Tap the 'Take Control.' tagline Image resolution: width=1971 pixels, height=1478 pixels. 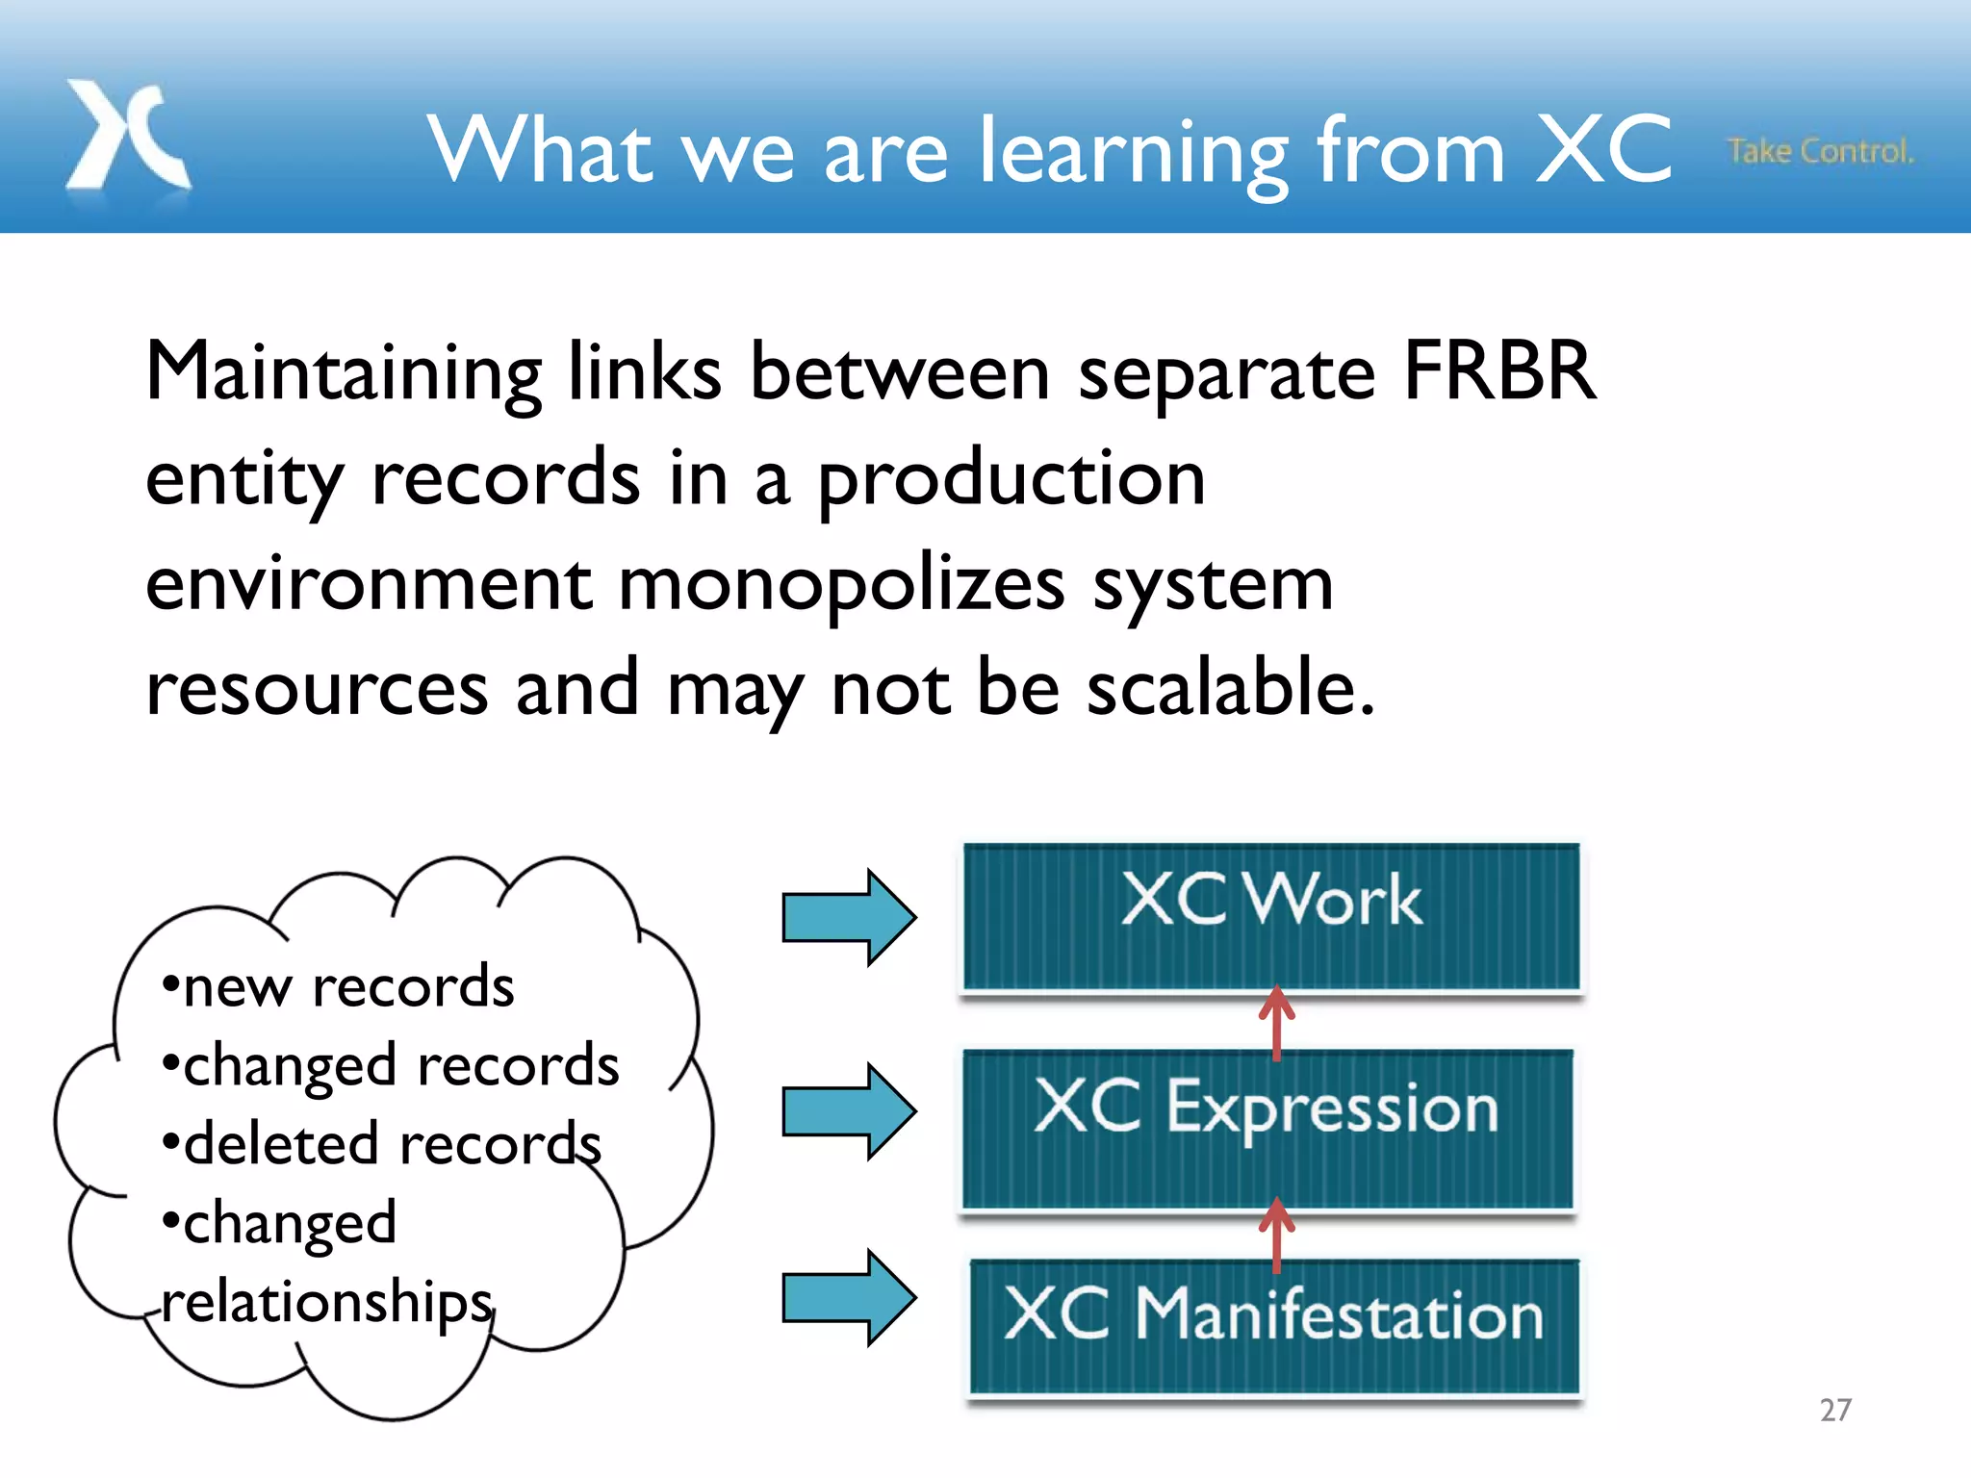click(1819, 151)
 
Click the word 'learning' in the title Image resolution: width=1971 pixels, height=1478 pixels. click(1132, 152)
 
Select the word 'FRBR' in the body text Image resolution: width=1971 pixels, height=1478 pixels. click(1499, 371)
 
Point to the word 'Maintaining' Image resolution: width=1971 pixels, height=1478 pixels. click(344, 373)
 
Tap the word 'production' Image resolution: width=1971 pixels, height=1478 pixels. click(1011, 479)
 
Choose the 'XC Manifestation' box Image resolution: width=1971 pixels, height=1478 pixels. click(1274, 1326)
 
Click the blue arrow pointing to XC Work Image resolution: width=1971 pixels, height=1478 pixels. click(848, 917)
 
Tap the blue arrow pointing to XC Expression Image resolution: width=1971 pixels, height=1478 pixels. click(848, 1111)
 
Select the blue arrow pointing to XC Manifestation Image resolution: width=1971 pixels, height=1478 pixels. click(848, 1297)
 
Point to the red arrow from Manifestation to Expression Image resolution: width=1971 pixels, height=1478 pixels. click(1276, 1235)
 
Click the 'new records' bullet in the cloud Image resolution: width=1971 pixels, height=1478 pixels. click(339, 987)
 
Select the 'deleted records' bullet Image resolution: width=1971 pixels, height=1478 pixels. click(382, 1144)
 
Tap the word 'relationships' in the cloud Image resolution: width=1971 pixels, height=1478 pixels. click(327, 1302)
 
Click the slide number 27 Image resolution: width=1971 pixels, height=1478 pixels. click(1835, 1410)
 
